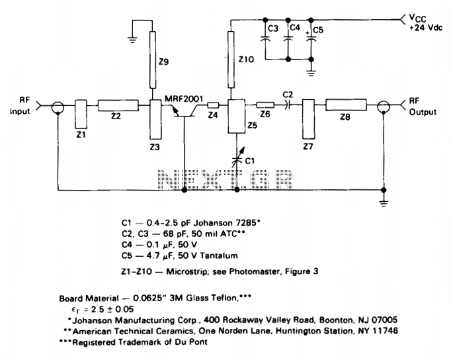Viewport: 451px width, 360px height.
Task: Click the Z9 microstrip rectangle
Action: [153, 60]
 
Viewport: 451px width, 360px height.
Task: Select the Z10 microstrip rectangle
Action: [231, 60]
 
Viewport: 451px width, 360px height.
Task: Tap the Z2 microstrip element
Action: [118, 105]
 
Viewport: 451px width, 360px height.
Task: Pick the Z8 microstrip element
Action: [346, 105]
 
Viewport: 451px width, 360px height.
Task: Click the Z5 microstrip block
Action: [237, 116]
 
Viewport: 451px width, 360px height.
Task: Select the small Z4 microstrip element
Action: [214, 105]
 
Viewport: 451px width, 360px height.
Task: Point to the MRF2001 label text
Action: [183, 99]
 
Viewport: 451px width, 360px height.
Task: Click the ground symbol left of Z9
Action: [132, 40]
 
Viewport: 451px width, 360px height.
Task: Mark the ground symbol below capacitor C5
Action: [311, 73]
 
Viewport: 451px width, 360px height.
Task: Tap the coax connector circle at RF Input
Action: [58, 107]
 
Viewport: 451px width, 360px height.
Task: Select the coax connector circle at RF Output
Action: [384, 107]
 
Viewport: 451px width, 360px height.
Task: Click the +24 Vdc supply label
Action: [426, 28]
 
